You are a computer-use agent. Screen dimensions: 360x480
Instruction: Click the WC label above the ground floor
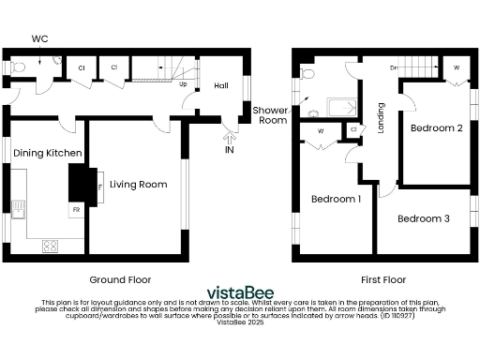[39, 38]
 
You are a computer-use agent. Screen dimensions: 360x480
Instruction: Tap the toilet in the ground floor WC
[19, 67]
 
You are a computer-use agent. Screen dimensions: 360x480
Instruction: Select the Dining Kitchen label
[47, 153]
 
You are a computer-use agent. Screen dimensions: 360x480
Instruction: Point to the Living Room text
[139, 185]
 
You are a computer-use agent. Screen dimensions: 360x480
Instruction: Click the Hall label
[221, 85]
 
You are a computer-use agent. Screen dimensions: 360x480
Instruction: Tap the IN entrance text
[229, 150]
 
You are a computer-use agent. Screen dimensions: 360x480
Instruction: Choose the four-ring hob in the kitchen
[50, 247]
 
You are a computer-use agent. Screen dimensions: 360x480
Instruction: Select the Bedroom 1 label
[336, 200]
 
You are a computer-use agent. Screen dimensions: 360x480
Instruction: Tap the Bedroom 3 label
[423, 219]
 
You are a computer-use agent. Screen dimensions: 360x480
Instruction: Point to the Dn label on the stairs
[396, 68]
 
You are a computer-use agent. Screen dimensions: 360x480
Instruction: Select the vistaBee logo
[240, 289]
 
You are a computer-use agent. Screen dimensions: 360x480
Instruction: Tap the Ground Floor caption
[120, 279]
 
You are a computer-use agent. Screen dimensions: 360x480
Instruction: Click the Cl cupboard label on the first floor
[353, 129]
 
